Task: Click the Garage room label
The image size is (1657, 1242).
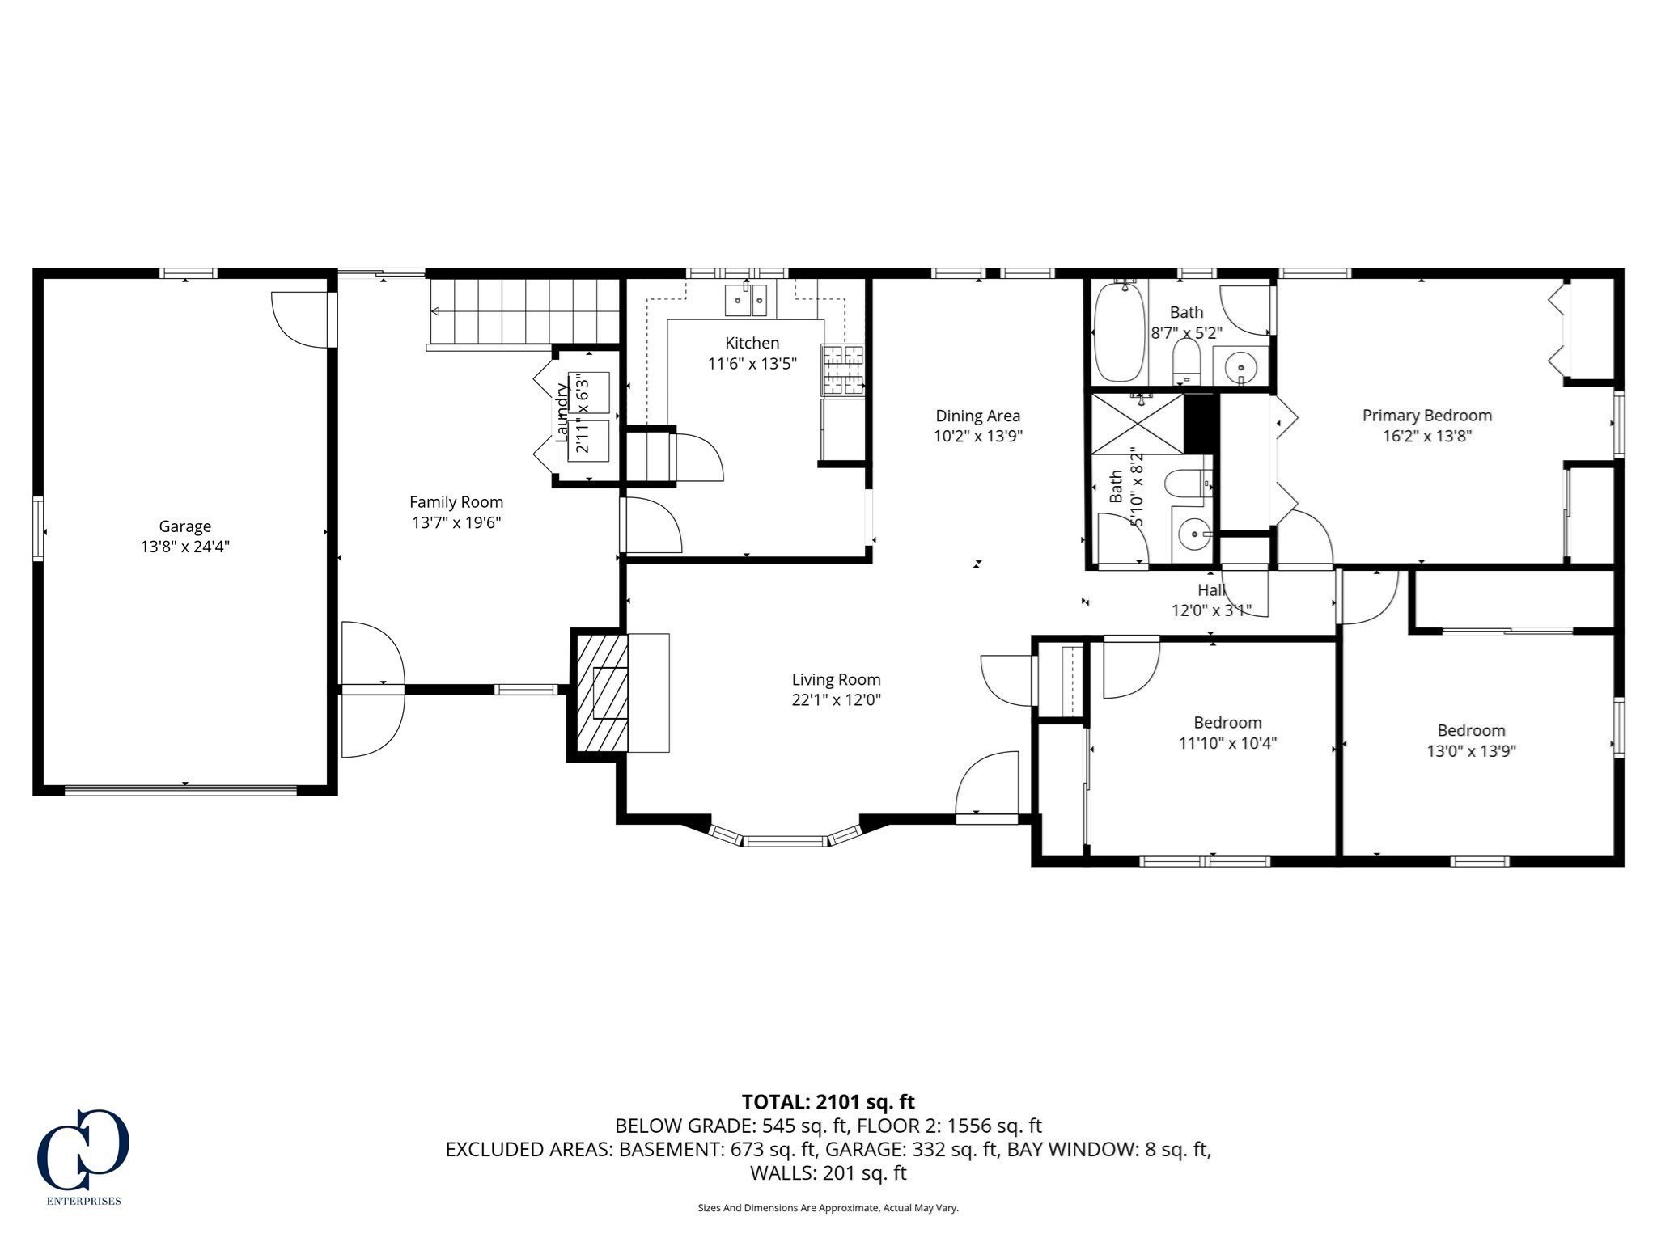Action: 184,526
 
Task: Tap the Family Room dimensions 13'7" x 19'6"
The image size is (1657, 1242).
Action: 456,523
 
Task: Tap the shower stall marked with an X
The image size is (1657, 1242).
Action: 1138,424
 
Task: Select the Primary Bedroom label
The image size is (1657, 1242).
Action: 1426,416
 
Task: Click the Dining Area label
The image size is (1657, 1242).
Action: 977,416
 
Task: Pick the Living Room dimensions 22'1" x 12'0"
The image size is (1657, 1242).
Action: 836,700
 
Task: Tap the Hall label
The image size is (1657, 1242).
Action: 1211,590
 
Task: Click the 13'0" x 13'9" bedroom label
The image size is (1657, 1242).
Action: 1470,731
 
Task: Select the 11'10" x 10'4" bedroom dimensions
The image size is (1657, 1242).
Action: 1227,743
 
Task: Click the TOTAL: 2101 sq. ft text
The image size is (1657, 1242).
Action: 828,1101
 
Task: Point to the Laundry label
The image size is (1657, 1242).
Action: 562,412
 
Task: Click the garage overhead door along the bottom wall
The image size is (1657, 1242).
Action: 181,790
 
